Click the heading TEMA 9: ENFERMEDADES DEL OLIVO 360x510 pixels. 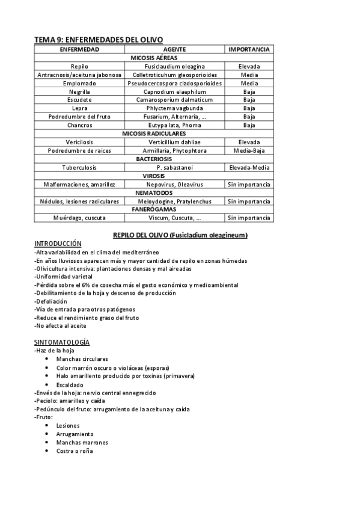pyautogui.click(x=99, y=39)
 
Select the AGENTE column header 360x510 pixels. pyautogui.click(x=174, y=49)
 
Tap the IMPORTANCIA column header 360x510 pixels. pyautogui.click(x=249, y=49)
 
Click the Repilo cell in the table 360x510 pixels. pyautogui.click(x=79, y=66)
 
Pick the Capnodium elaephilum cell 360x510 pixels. pyautogui.click(x=174, y=91)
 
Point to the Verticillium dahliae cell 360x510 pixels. pyautogui.click(x=174, y=142)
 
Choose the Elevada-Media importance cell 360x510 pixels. pyautogui.click(x=249, y=167)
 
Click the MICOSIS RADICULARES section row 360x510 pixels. pyautogui.click(x=154, y=133)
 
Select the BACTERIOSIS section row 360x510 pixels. pyautogui.click(x=154, y=158)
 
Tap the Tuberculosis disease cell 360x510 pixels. pyautogui.click(x=79, y=167)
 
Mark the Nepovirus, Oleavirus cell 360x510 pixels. pyautogui.click(x=174, y=184)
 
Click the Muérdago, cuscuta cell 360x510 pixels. pyautogui.click(x=79, y=218)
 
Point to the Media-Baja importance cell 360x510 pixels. pyautogui.click(x=249, y=150)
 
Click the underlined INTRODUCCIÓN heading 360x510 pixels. pyautogui.click(x=58, y=244)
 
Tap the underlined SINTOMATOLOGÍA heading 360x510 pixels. pyautogui.click(x=62, y=342)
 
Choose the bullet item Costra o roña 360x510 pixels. pyautogui.click(x=75, y=450)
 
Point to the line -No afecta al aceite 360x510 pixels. pyautogui.click(x=60, y=325)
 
